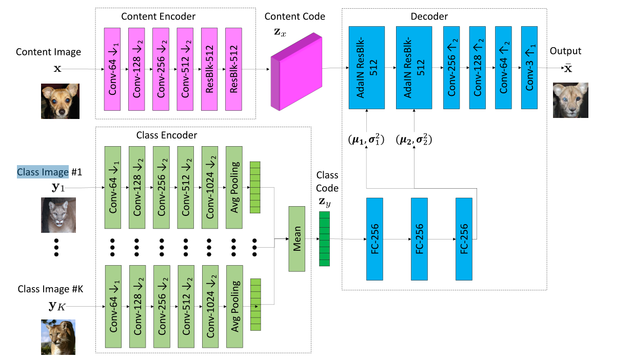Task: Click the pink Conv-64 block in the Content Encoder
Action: pyautogui.click(x=111, y=69)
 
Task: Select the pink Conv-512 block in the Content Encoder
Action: pyautogui.click(x=185, y=69)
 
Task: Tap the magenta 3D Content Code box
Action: pyautogui.click(x=296, y=72)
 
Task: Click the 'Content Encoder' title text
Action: pyautogui.click(x=158, y=16)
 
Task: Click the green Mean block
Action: pyautogui.click(x=297, y=238)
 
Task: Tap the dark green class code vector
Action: pyautogui.click(x=324, y=238)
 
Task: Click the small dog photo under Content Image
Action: pyautogui.click(x=60, y=102)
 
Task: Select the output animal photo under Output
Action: pyautogui.click(x=570, y=101)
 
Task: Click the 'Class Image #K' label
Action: pyautogui.click(x=50, y=289)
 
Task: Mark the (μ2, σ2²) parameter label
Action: pyautogui.click(x=414, y=139)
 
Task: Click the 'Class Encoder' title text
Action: pyautogui.click(x=166, y=135)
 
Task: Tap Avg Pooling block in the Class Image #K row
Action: pyautogui.click(x=234, y=307)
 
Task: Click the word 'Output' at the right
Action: pyautogui.click(x=565, y=51)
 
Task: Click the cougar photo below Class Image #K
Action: pyautogui.click(x=58, y=337)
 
